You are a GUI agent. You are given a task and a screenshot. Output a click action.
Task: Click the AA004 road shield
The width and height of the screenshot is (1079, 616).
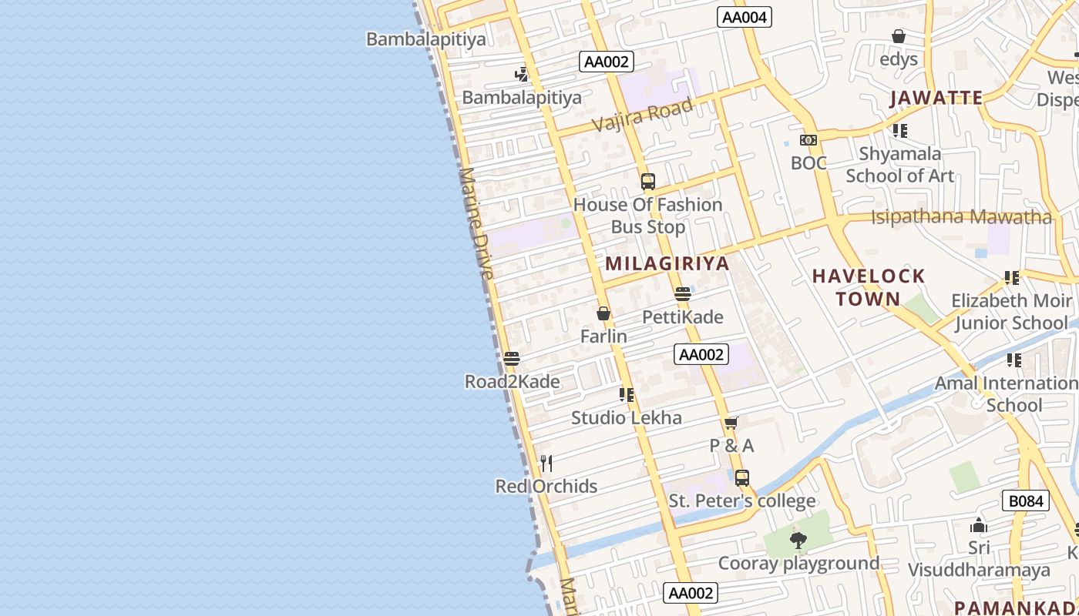[x=745, y=17]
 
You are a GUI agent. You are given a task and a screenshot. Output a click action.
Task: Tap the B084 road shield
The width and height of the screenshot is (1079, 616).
[x=1027, y=501]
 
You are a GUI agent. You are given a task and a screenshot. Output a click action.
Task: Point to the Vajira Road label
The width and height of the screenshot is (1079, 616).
[x=643, y=113]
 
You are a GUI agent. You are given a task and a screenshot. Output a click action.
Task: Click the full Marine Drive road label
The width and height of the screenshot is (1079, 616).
[x=479, y=223]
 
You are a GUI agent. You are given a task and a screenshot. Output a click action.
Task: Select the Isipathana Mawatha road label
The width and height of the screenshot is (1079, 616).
[x=961, y=217]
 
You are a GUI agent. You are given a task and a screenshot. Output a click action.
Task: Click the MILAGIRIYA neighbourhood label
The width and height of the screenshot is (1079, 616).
[x=667, y=263]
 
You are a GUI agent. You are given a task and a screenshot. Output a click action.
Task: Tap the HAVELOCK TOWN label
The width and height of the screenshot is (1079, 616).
[x=869, y=287]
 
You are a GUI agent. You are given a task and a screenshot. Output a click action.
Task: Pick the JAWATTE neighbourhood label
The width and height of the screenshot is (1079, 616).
[x=936, y=98]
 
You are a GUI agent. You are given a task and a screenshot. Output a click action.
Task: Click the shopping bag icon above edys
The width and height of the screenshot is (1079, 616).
[x=898, y=36]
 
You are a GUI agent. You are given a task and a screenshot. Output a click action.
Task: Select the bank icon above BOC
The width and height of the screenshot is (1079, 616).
[x=808, y=139]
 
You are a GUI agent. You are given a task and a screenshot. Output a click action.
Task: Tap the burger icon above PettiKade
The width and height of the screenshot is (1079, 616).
[x=682, y=294]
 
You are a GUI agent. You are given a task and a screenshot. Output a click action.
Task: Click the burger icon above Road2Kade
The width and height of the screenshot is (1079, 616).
[x=511, y=359]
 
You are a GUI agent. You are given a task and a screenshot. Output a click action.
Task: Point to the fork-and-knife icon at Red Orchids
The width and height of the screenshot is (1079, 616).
[x=546, y=463]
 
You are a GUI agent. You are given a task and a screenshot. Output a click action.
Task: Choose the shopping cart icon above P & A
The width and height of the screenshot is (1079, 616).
[x=731, y=423]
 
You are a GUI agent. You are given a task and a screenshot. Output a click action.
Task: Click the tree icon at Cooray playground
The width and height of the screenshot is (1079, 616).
[x=798, y=540]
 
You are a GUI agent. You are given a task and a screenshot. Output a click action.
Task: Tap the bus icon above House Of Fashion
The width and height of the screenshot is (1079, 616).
[x=647, y=182]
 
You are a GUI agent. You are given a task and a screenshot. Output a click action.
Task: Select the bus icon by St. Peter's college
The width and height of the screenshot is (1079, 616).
[x=741, y=477]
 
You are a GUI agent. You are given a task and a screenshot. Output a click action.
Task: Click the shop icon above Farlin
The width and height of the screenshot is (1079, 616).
[x=603, y=313]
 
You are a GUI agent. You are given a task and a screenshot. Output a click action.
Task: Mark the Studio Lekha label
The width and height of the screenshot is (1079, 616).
[x=626, y=418]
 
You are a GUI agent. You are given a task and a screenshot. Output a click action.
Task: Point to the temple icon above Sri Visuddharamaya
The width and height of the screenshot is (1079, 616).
[x=979, y=525]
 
